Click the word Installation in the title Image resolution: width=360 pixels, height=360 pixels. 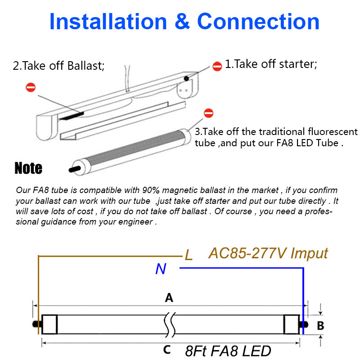[108, 21]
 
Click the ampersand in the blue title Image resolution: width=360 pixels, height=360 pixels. [182, 21]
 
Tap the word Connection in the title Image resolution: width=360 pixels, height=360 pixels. [258, 21]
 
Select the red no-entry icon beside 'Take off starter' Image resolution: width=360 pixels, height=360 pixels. [217, 66]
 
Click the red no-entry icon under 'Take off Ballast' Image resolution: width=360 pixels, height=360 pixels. [31, 87]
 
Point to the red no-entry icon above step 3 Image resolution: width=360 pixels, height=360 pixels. [208, 113]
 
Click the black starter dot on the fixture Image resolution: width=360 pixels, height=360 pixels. [186, 78]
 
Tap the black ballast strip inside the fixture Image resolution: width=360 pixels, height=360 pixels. [71, 116]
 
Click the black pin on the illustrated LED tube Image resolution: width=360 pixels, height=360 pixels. [75, 170]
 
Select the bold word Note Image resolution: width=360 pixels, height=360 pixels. [28, 168]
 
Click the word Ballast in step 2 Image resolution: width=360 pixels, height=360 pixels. [86, 66]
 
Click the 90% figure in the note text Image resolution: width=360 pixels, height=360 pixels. [151, 190]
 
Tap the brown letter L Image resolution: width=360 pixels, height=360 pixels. [189, 255]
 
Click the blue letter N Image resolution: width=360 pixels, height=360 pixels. [161, 269]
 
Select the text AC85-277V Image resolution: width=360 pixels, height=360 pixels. [247, 253]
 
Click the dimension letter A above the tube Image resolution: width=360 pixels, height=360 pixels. [169, 298]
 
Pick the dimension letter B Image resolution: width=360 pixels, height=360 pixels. [320, 325]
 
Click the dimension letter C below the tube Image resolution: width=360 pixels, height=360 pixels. [167, 350]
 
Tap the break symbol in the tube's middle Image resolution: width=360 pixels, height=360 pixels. [170, 324]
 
